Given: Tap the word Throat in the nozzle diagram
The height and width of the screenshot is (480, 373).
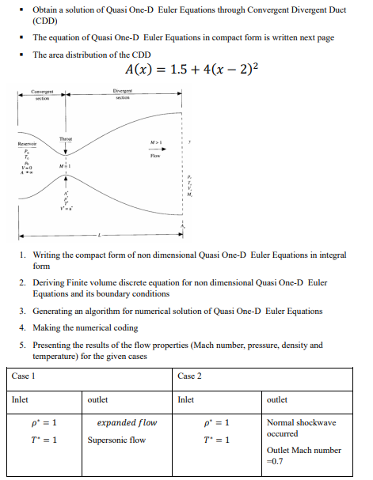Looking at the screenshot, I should point(65,138).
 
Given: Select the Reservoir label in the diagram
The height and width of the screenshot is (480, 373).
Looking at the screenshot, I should point(28,144).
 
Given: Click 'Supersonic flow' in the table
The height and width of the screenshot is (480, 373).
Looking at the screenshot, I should point(116,440).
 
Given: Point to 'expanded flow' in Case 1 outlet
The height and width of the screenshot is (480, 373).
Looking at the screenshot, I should point(127,423).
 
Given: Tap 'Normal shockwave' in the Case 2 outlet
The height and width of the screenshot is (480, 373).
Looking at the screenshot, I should point(301,423).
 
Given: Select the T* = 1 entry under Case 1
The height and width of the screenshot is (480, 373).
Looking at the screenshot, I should point(43,440).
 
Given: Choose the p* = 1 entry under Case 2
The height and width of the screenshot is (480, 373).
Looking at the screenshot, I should point(216,423).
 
